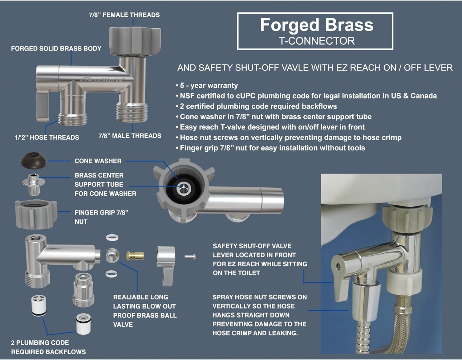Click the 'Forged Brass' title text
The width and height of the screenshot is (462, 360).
pos(317,25)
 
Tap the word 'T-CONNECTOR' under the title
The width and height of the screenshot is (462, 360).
pos(317,41)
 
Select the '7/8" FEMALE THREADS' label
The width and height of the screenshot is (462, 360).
pos(124,15)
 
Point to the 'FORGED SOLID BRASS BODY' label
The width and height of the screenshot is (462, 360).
pos(56,48)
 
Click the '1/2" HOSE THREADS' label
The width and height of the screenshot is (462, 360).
pos(47,137)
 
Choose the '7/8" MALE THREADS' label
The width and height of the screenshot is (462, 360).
pos(130,136)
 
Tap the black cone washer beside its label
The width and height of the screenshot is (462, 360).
pos(34,161)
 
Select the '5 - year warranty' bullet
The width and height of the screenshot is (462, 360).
pos(207,86)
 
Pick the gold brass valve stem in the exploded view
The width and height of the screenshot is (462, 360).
pos(136,255)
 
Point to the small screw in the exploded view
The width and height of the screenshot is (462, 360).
pos(190,257)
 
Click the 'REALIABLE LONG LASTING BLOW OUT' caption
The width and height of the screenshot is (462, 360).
pos(144,302)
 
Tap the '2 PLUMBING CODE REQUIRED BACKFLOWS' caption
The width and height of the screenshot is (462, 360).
pos(48,347)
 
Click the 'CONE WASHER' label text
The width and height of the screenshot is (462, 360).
pos(98,161)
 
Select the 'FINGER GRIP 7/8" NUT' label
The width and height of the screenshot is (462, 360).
pos(101,217)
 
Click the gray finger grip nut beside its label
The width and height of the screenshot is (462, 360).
pos(36,215)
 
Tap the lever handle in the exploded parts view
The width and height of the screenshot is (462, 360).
pos(166,266)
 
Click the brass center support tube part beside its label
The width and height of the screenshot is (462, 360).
pos(34,184)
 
